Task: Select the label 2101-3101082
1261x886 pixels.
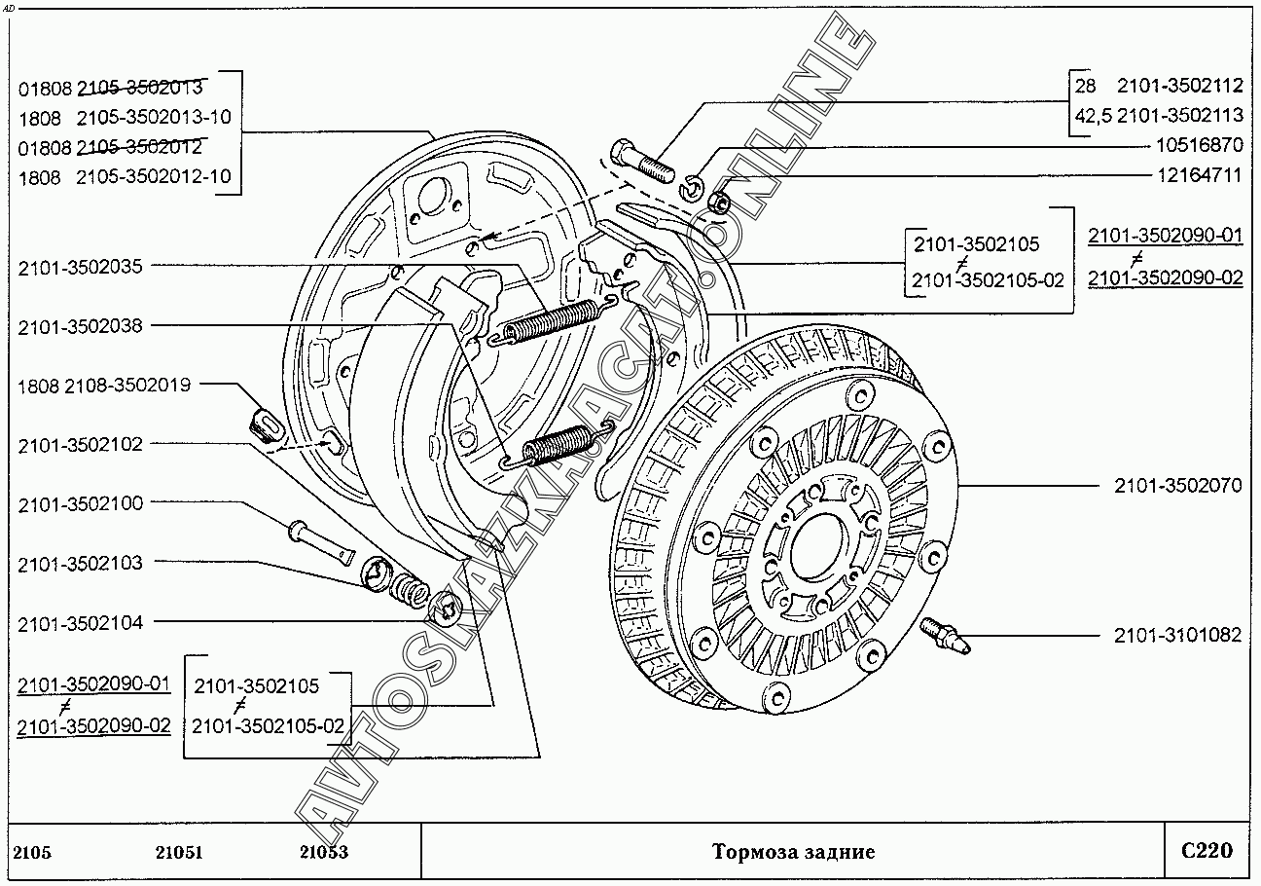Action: click(x=1177, y=636)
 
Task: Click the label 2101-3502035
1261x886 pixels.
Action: click(x=80, y=267)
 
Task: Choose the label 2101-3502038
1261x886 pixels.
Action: click(x=80, y=326)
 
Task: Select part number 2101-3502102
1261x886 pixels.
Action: click(x=80, y=445)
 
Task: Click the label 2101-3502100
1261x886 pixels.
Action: click(x=80, y=503)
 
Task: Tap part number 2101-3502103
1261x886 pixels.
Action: click(x=80, y=563)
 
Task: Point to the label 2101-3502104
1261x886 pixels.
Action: click(x=80, y=622)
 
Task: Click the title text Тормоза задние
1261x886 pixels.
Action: click(x=793, y=853)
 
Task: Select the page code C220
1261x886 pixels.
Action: click(x=1207, y=851)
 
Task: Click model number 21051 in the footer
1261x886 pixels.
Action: click(x=178, y=853)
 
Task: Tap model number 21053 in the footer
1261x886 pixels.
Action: click(x=323, y=853)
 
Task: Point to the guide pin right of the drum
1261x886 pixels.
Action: click(x=943, y=634)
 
